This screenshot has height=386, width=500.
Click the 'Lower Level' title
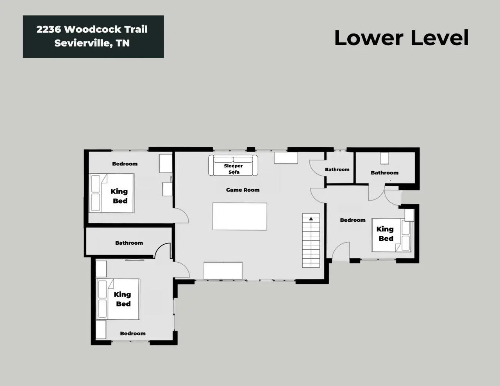click(401, 38)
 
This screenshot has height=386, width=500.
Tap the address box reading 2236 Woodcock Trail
click(93, 37)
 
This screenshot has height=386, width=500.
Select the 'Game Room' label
click(243, 190)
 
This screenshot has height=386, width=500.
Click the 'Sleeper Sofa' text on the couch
click(234, 169)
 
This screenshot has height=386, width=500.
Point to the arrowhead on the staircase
click(311, 219)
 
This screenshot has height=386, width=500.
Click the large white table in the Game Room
click(240, 216)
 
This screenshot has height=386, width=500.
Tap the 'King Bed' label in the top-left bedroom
click(119, 196)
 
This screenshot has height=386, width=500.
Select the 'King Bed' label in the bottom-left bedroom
click(122, 299)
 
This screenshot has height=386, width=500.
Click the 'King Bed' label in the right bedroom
click(385, 233)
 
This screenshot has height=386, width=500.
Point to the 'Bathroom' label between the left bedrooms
click(129, 243)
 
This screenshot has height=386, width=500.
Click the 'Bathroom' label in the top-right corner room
click(385, 173)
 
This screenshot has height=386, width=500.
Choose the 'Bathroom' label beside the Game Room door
click(337, 169)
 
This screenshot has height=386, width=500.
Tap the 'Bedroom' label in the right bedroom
click(353, 220)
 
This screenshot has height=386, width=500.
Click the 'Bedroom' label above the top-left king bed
click(125, 164)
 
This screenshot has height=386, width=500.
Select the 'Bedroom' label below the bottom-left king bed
click(133, 333)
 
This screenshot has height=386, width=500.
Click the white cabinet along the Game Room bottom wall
click(223, 270)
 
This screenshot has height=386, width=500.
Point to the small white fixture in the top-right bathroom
click(384, 158)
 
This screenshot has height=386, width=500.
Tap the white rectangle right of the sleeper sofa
click(286, 158)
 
